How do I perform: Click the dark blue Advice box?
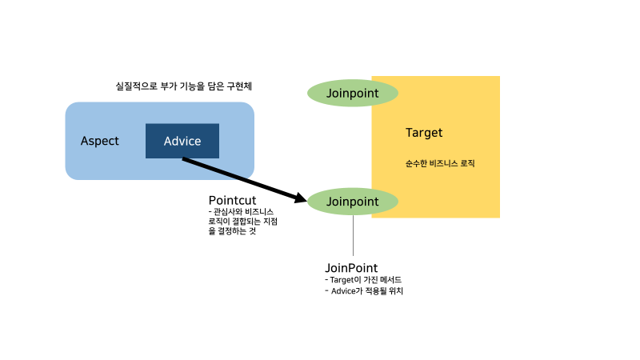coord(182,141)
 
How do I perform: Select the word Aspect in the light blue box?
coord(100,141)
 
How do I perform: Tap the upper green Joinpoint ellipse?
coord(353,93)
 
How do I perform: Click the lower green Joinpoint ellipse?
coord(353,202)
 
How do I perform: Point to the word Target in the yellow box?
coord(424,133)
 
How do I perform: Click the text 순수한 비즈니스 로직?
coord(440,163)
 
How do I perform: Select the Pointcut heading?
coord(232,200)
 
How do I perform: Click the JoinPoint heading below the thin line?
coord(351,267)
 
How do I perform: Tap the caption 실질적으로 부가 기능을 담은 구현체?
coord(189,86)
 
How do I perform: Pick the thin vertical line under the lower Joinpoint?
coord(353,236)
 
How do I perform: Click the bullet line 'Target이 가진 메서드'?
coord(364,280)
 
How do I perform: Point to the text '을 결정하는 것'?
coord(233,232)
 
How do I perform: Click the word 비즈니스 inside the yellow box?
coord(445,163)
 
